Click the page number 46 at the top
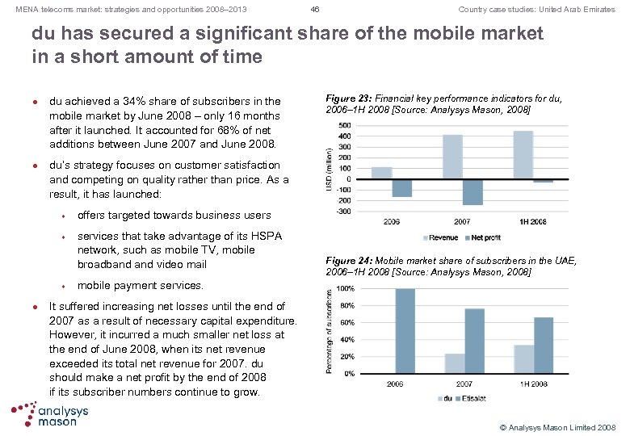point(315,10)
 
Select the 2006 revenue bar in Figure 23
point(381,173)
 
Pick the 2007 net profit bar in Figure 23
point(472,192)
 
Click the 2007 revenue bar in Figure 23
point(452,157)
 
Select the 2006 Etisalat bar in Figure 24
point(404,331)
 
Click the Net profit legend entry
point(485,237)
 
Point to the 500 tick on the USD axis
point(344,126)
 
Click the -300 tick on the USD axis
point(343,211)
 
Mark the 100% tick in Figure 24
point(345,288)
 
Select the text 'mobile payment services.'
point(141,285)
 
